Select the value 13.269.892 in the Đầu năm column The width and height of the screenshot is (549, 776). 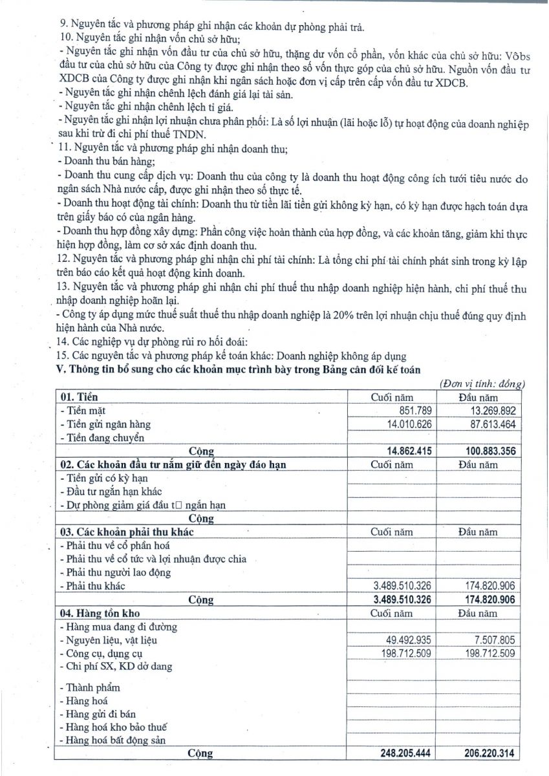coord(488,411)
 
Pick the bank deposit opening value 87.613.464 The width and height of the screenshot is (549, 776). coord(488,424)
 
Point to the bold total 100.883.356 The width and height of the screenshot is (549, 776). coord(485,451)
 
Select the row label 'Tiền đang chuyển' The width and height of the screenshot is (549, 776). coord(101,438)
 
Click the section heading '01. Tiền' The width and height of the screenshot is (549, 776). coord(80,396)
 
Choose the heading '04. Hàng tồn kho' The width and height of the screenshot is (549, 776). coord(100,612)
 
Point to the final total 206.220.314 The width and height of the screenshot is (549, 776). coord(485,753)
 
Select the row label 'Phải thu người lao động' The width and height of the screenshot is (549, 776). coord(114,572)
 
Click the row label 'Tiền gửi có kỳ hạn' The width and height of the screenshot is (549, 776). coord(98,478)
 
